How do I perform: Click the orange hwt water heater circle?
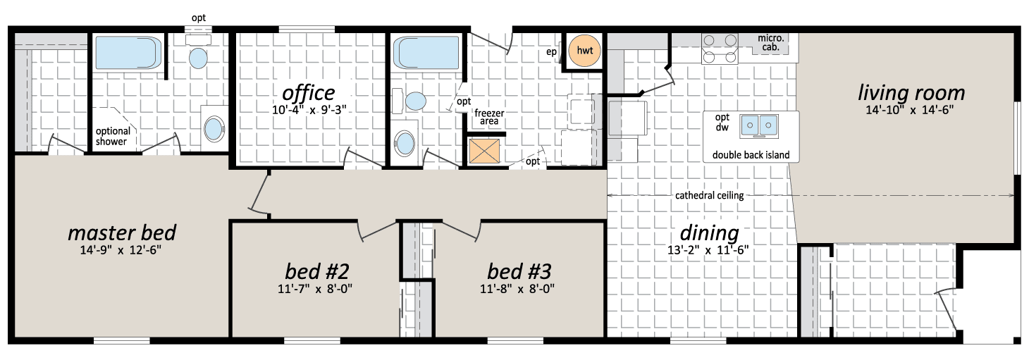[x=584, y=51]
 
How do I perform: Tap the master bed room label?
[x=122, y=232]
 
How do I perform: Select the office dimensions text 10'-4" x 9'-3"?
[x=309, y=110]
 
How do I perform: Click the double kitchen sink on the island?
[x=758, y=126]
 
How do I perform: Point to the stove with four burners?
[x=720, y=48]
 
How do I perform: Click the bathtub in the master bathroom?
[x=128, y=53]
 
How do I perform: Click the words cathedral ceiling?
[x=709, y=196]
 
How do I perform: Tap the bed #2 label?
[x=316, y=271]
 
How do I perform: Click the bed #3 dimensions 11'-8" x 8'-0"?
[x=517, y=289]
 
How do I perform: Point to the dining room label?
[x=709, y=232]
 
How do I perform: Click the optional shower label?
[x=113, y=137]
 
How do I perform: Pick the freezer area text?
[x=489, y=117]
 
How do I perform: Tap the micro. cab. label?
[x=771, y=43]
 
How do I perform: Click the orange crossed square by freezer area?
[x=484, y=151]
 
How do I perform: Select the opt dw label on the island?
[x=722, y=123]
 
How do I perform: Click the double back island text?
[x=751, y=155]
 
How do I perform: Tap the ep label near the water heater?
[x=551, y=52]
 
